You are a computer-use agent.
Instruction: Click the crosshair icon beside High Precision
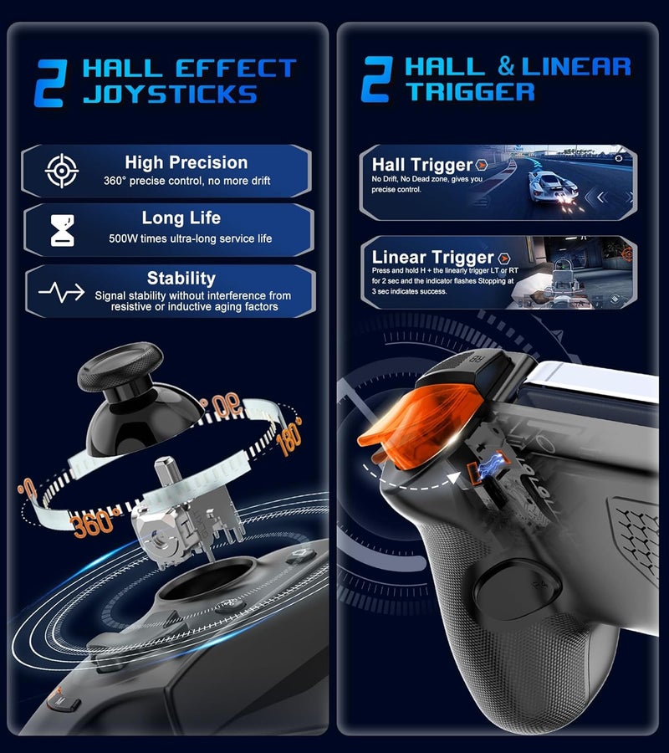pos(61,171)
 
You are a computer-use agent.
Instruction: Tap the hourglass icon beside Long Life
pos(63,231)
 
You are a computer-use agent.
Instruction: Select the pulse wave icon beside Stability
pos(61,292)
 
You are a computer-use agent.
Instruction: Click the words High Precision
pos(186,163)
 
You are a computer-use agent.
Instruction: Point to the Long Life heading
pos(181,218)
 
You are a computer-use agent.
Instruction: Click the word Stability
pos(181,278)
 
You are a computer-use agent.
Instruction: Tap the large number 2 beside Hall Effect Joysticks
pos(50,83)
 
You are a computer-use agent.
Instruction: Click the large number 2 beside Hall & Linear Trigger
pos(377,79)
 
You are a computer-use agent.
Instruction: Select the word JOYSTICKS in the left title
pos(170,94)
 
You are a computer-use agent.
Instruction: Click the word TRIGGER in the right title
pos(470,92)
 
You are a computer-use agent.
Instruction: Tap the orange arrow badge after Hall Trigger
pos(481,165)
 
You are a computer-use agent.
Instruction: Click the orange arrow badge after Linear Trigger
pos(503,259)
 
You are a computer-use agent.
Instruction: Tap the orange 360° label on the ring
pos(92,523)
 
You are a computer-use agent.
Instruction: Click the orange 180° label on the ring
pos(289,436)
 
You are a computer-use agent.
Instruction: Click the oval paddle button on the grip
pos(518,589)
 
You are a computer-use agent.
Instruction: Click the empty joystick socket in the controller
pos(207,580)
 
